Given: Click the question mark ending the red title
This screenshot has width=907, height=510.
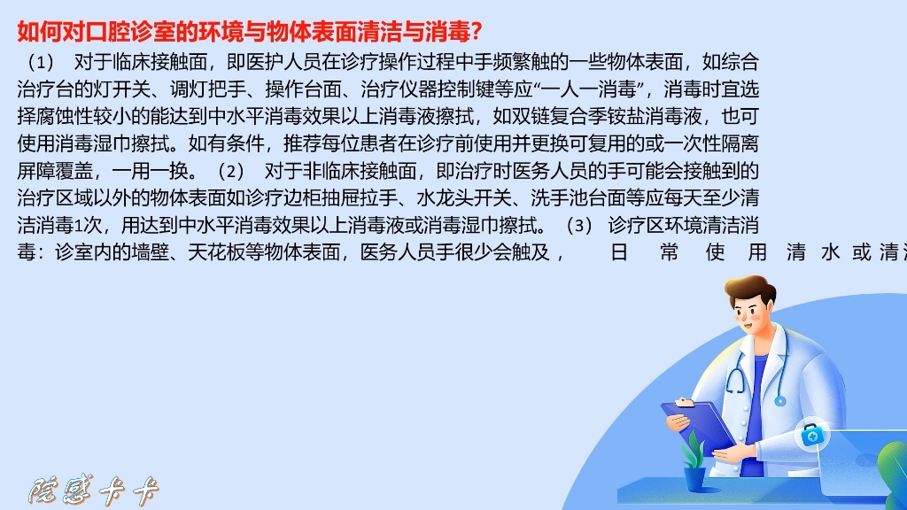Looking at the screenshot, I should [x=477, y=32].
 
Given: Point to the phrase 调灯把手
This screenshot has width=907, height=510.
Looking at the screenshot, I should [x=204, y=89].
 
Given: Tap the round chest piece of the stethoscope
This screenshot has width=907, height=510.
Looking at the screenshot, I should [x=779, y=400].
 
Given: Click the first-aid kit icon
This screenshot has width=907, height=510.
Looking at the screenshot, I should [x=810, y=435].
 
